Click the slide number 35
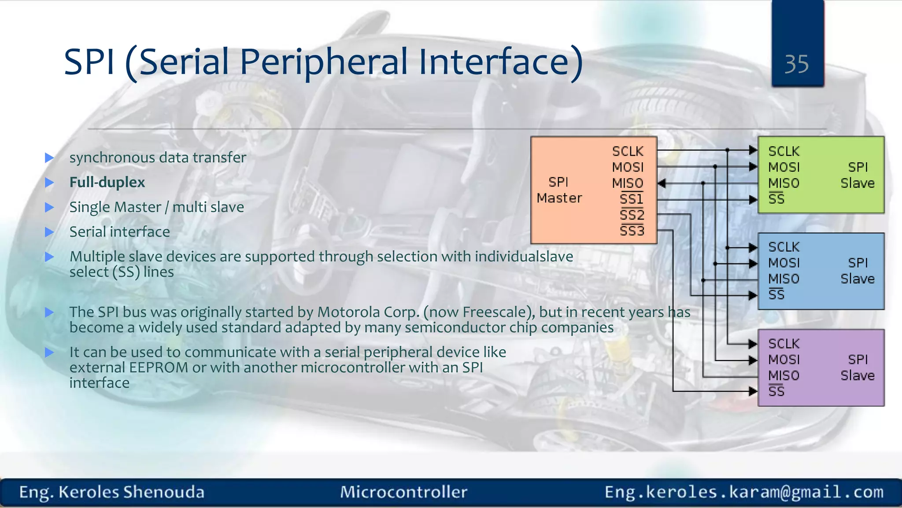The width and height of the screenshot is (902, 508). coord(796,64)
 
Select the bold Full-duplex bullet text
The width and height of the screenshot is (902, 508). coord(107,182)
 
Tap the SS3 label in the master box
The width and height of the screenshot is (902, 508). coord(632,231)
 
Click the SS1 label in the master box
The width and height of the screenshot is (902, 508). coord(632,199)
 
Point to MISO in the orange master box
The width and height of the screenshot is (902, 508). coord(628,183)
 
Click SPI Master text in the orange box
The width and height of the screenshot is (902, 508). coord(559,190)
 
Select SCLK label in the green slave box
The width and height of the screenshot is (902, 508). coord(784,151)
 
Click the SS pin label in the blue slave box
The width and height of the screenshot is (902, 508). coord(776,295)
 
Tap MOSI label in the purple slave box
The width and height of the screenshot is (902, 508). coord(784,359)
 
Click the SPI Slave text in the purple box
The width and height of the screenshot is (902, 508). coord(857,367)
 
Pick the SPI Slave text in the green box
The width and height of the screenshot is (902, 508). coord(857,175)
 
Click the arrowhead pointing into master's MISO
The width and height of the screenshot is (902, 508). coord(662,183)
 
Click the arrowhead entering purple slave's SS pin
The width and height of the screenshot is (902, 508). coord(753,391)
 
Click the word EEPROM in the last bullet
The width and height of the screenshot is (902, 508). coord(159,367)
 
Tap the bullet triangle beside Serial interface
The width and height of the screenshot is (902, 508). coord(49,232)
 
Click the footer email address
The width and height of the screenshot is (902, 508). coord(744,492)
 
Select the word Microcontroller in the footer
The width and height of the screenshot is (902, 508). coord(403,492)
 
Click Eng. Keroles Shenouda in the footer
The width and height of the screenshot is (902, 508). coord(112,492)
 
